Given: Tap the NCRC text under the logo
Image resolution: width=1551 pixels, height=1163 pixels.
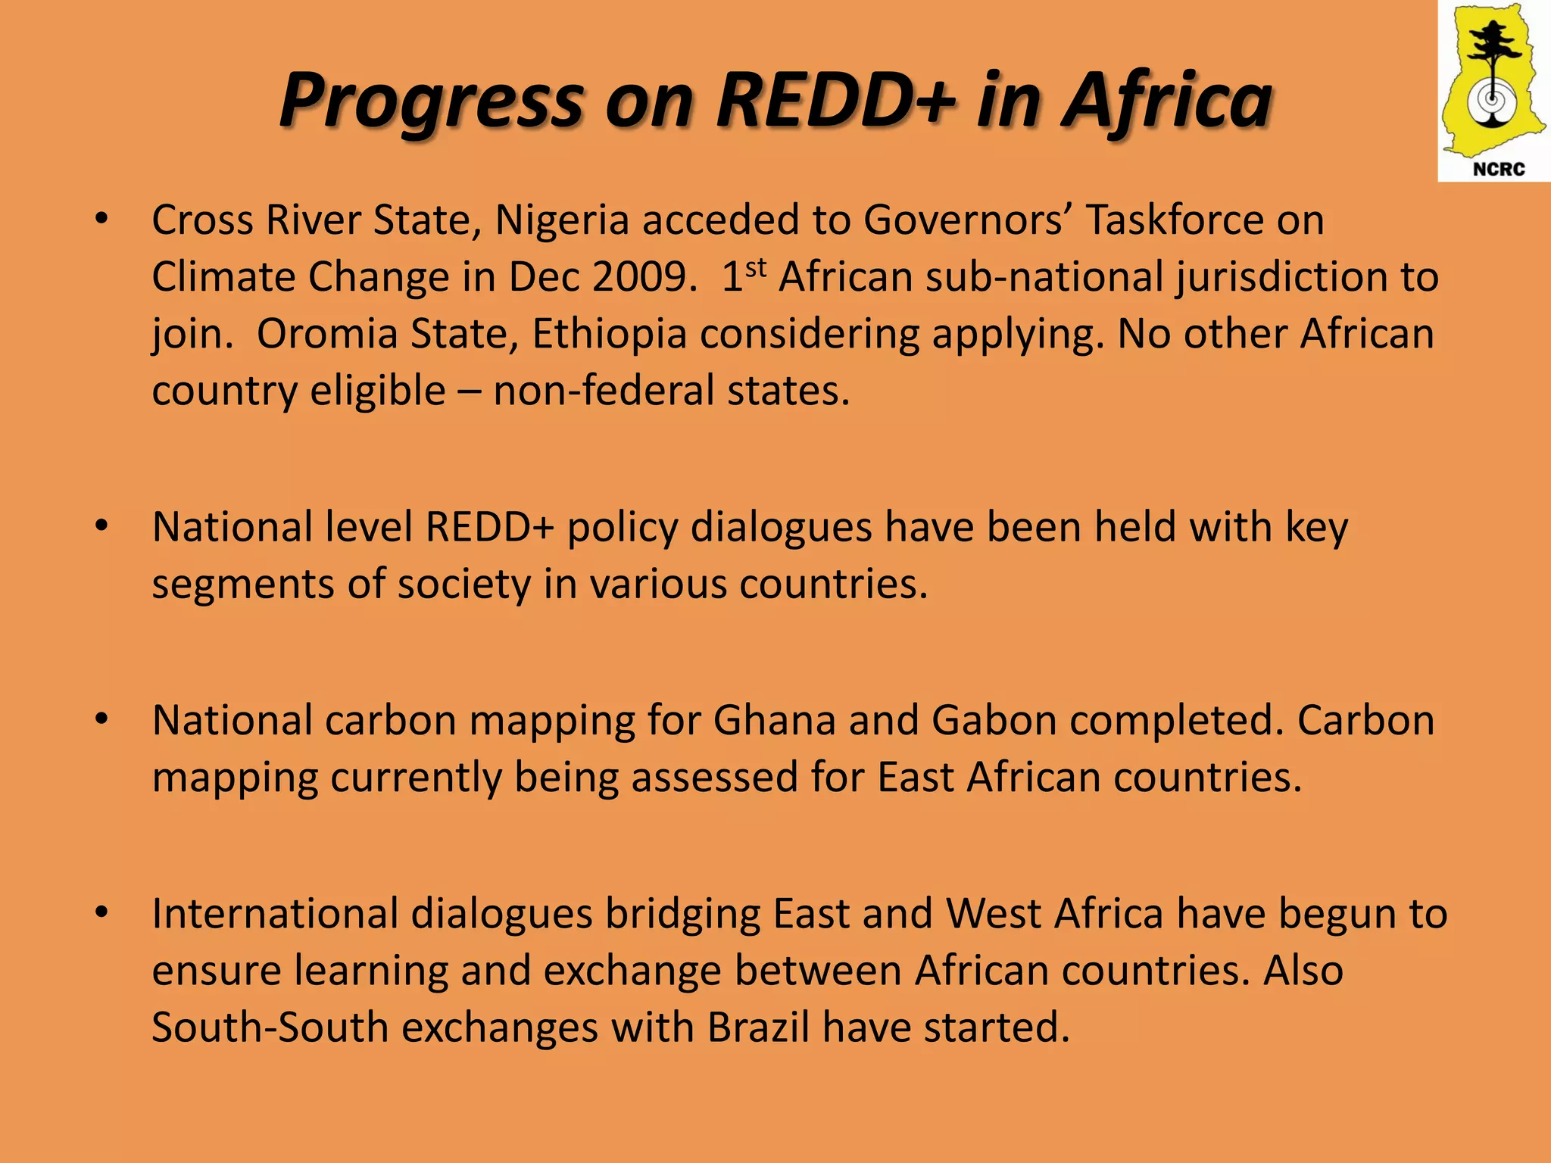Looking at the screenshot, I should [1498, 169].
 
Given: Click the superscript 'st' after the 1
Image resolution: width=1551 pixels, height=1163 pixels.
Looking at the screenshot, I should [756, 267].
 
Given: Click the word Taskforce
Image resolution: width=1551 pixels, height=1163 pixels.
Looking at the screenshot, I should [1172, 220].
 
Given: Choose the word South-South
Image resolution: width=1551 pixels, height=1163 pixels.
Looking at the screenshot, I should [270, 1027].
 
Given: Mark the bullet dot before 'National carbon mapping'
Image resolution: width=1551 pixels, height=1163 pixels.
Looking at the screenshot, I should [101, 719].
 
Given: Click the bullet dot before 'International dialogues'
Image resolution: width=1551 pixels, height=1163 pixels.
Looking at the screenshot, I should [101, 912].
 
